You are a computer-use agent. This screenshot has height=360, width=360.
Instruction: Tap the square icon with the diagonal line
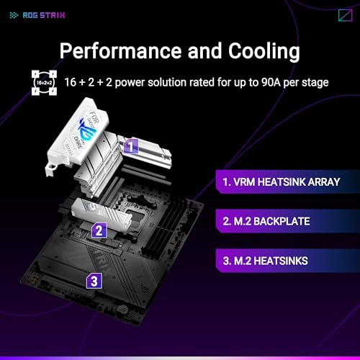(x=346, y=15)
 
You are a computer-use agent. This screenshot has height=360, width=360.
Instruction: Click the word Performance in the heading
(x=120, y=51)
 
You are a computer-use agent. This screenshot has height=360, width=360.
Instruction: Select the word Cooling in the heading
(x=264, y=52)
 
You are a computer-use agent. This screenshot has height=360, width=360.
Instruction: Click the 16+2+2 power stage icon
(x=44, y=83)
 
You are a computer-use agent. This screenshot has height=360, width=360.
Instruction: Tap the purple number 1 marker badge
(x=131, y=146)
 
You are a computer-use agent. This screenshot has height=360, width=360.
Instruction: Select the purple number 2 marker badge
(x=99, y=230)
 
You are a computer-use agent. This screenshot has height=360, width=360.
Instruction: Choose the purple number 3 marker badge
(x=94, y=281)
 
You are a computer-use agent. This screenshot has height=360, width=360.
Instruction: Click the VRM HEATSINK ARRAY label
(x=282, y=182)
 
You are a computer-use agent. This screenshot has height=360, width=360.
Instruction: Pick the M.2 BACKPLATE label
(x=266, y=221)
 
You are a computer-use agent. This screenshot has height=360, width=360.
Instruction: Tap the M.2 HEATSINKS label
(x=265, y=261)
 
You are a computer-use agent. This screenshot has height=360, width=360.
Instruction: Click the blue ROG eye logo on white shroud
(x=87, y=130)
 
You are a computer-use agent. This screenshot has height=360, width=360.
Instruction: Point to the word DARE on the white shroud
(x=78, y=143)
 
